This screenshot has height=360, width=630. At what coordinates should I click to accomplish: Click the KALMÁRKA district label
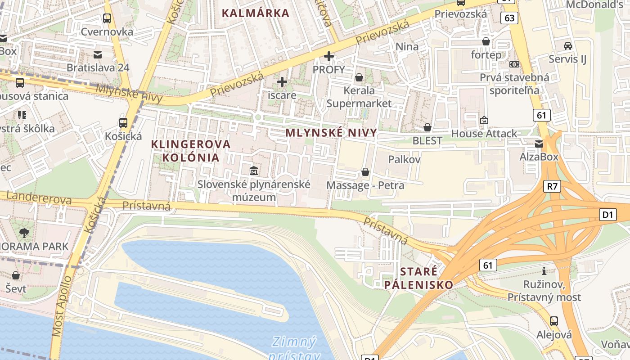(x=256, y=13)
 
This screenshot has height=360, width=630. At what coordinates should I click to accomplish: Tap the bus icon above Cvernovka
(x=107, y=18)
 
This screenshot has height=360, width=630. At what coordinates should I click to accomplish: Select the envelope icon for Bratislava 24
(x=98, y=55)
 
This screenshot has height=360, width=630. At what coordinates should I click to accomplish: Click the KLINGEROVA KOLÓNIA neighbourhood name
(x=191, y=151)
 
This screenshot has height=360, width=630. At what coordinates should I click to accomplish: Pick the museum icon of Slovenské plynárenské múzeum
(x=254, y=171)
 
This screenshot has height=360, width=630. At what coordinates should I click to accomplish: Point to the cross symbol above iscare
(x=282, y=82)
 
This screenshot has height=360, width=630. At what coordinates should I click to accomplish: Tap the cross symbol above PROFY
(x=329, y=56)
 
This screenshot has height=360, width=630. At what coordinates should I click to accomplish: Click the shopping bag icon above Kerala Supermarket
(x=359, y=77)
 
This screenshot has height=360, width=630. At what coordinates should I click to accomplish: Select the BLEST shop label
(x=427, y=140)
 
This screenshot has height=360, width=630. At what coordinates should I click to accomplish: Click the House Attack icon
(x=484, y=120)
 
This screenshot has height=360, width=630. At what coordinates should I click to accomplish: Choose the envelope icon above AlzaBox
(x=539, y=144)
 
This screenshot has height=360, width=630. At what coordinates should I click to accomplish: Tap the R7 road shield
(x=552, y=186)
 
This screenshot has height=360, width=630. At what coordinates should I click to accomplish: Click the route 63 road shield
(x=509, y=18)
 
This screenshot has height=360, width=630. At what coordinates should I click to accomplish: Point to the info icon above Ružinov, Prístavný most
(x=544, y=271)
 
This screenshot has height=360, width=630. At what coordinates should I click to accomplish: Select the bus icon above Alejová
(x=554, y=321)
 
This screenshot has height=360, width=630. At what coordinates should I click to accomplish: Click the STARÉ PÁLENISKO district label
(x=418, y=278)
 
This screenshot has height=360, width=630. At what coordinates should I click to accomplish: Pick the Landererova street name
(x=40, y=198)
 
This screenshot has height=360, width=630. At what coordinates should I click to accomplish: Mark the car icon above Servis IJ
(x=568, y=45)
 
